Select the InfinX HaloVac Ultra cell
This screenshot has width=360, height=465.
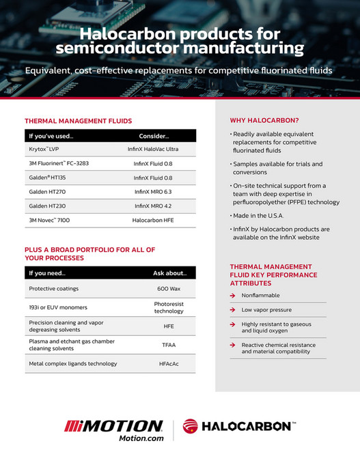coord(153,149)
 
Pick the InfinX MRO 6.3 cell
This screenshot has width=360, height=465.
coord(153,192)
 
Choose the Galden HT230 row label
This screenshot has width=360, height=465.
coord(47,206)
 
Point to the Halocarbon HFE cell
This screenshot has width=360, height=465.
coord(153,220)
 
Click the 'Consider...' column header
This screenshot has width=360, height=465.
coord(153,136)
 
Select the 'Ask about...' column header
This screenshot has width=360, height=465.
coord(169,273)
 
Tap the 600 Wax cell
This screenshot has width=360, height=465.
coord(168,289)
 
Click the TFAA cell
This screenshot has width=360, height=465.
coord(168,346)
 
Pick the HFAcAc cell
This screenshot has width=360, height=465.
coord(168,364)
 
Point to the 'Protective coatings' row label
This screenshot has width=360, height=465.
coord(54,288)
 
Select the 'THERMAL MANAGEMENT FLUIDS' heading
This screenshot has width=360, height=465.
coord(78,121)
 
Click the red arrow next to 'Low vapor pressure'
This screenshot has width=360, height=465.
coord(233,310)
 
